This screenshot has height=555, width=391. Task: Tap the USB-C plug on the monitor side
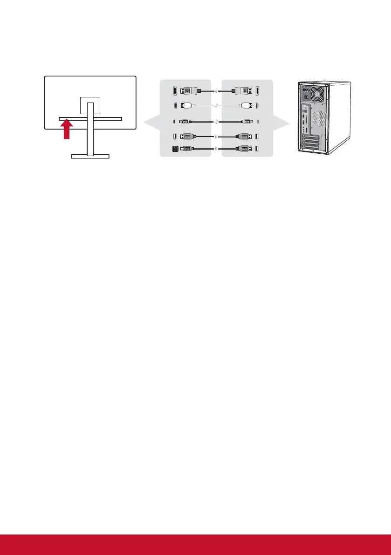pos(185,122)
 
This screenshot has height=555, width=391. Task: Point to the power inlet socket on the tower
pos(306,91)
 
